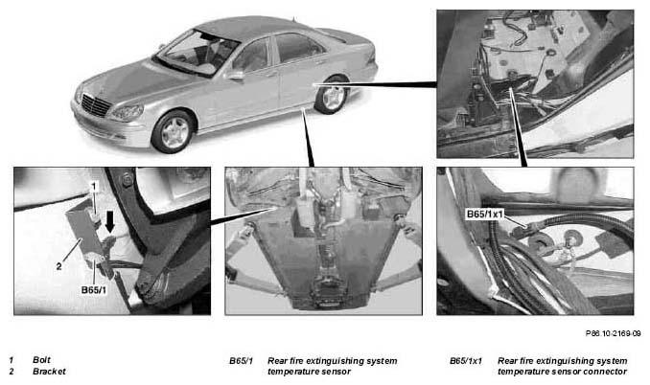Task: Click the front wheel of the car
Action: [174, 131]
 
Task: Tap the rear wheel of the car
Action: [332, 95]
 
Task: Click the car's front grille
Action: [96, 105]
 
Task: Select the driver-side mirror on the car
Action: [236, 76]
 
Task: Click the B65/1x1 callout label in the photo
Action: [484, 214]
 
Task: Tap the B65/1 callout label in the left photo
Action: [94, 290]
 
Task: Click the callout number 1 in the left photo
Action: [94, 187]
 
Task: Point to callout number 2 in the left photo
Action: [58, 266]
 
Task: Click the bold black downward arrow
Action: [110, 222]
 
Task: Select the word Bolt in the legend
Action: [41, 360]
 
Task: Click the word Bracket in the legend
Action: [49, 372]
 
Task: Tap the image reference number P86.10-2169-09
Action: [614, 333]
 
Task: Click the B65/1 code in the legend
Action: [242, 361]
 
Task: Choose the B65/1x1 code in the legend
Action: [466, 361]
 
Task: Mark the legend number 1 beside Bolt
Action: [12, 360]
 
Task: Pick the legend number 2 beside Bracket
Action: [12, 372]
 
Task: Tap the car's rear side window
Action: [298, 48]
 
